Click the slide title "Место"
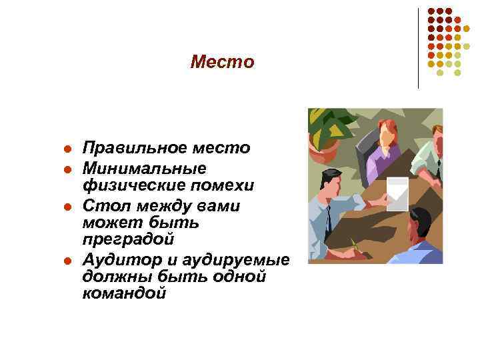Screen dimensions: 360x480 pos(222,62)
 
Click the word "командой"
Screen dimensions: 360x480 pos(123,293)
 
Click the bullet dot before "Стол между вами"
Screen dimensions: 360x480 pos(67,206)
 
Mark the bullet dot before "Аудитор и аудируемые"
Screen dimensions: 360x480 pos(67,260)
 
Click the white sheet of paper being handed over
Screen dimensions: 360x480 pos(397,194)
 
